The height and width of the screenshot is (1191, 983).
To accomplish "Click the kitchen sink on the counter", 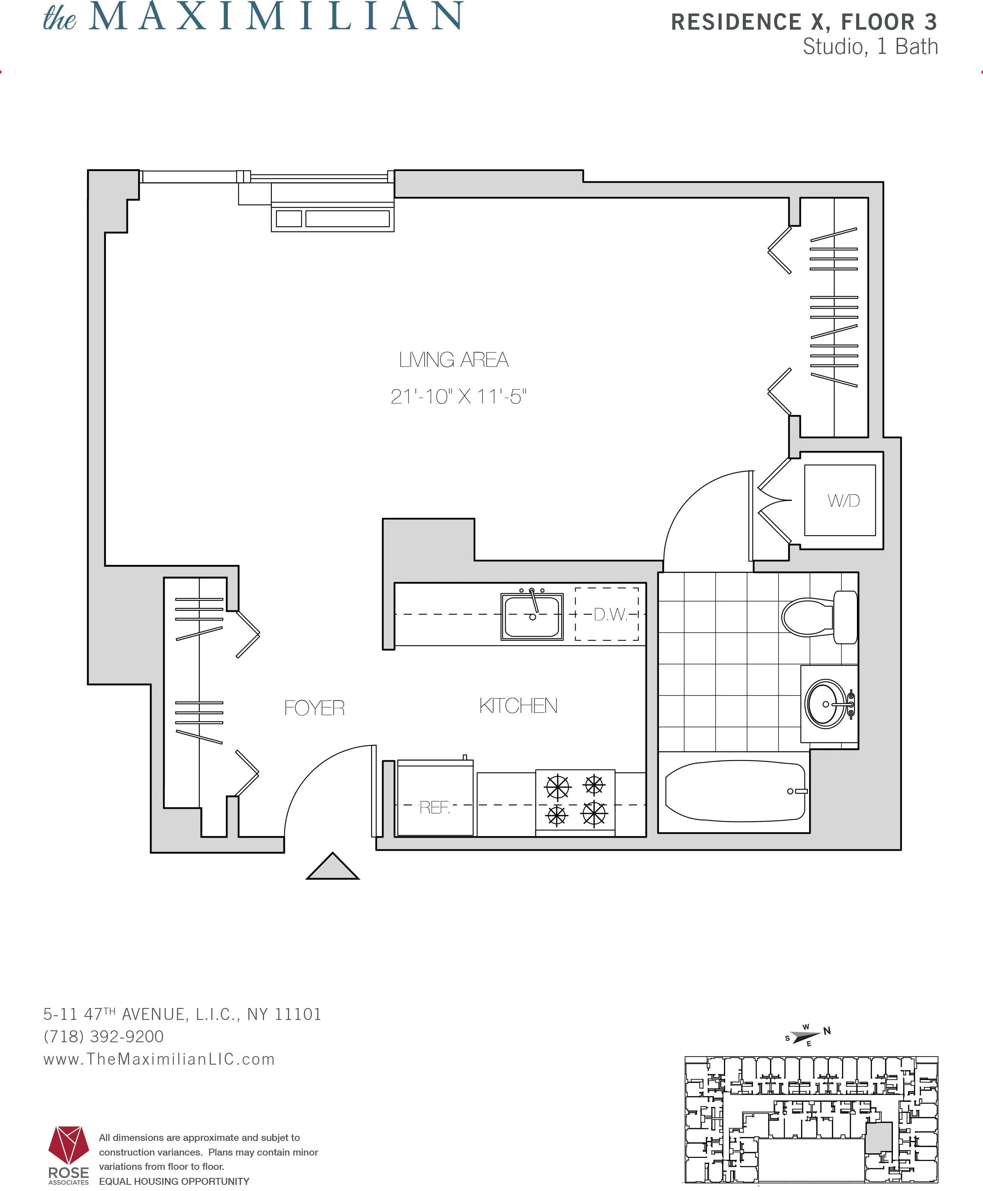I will (532, 616).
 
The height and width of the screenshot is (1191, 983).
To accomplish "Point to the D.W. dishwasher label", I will (610, 615).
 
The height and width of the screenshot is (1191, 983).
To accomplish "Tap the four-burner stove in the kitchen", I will (575, 800).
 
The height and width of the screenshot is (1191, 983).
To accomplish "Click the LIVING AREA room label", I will (454, 360).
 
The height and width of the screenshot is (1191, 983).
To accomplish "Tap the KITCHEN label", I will (518, 706).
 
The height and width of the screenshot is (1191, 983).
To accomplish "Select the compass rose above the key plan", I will (806, 1035).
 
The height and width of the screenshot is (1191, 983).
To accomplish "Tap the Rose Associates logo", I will (69, 1155).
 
